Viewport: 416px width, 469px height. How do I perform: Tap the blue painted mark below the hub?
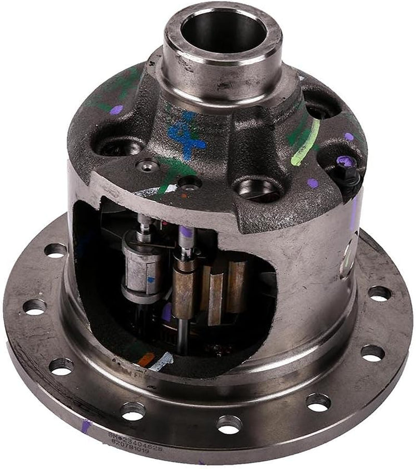tap(185, 134)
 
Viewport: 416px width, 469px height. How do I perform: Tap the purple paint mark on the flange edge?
tap(85, 427)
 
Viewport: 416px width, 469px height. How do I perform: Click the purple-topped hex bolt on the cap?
tap(344, 163)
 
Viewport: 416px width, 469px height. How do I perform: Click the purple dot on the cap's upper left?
tap(116, 110)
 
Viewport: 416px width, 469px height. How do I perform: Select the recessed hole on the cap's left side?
tap(118, 147)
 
